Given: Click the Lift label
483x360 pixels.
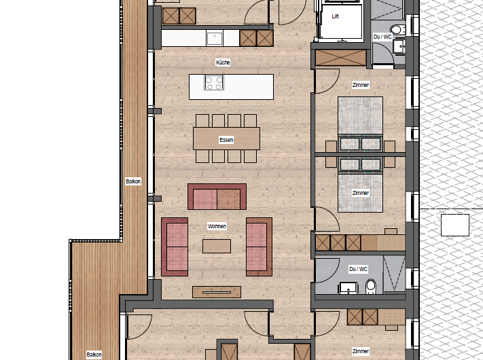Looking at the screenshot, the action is coord(335,16).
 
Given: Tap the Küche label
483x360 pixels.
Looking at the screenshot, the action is coord(223,62).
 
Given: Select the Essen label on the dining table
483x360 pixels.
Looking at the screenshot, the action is coord(226,140).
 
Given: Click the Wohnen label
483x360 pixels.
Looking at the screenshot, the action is coord(217,226).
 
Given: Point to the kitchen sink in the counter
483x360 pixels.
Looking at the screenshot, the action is coord(215,39).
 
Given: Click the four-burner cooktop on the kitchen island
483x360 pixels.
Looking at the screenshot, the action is coord(214,83).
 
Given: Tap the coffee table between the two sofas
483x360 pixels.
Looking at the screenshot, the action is coord(217,246).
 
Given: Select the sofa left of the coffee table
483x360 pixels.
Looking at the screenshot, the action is coord(175,247).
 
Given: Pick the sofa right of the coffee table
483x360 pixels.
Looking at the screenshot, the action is coord(259,247).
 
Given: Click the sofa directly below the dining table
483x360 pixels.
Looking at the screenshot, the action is coord(217,197).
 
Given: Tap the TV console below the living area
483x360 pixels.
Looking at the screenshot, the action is coord(217,292).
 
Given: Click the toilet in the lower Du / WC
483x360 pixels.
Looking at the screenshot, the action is coord(370,287).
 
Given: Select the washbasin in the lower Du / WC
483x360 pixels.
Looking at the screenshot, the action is coord(348,289).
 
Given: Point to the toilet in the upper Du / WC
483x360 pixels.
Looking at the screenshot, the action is coord(397,30).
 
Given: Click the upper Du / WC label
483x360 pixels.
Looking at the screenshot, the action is coord(382,37).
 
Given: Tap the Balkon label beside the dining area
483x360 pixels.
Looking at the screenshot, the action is coord(133,181).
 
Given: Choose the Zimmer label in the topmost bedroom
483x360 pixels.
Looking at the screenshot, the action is coord(361,85).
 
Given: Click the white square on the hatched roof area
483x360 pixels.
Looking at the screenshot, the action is coord(455,225).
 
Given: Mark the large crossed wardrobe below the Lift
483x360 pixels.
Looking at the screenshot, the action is coord(341,58).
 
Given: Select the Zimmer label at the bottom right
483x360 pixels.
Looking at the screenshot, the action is coord(361,351).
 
